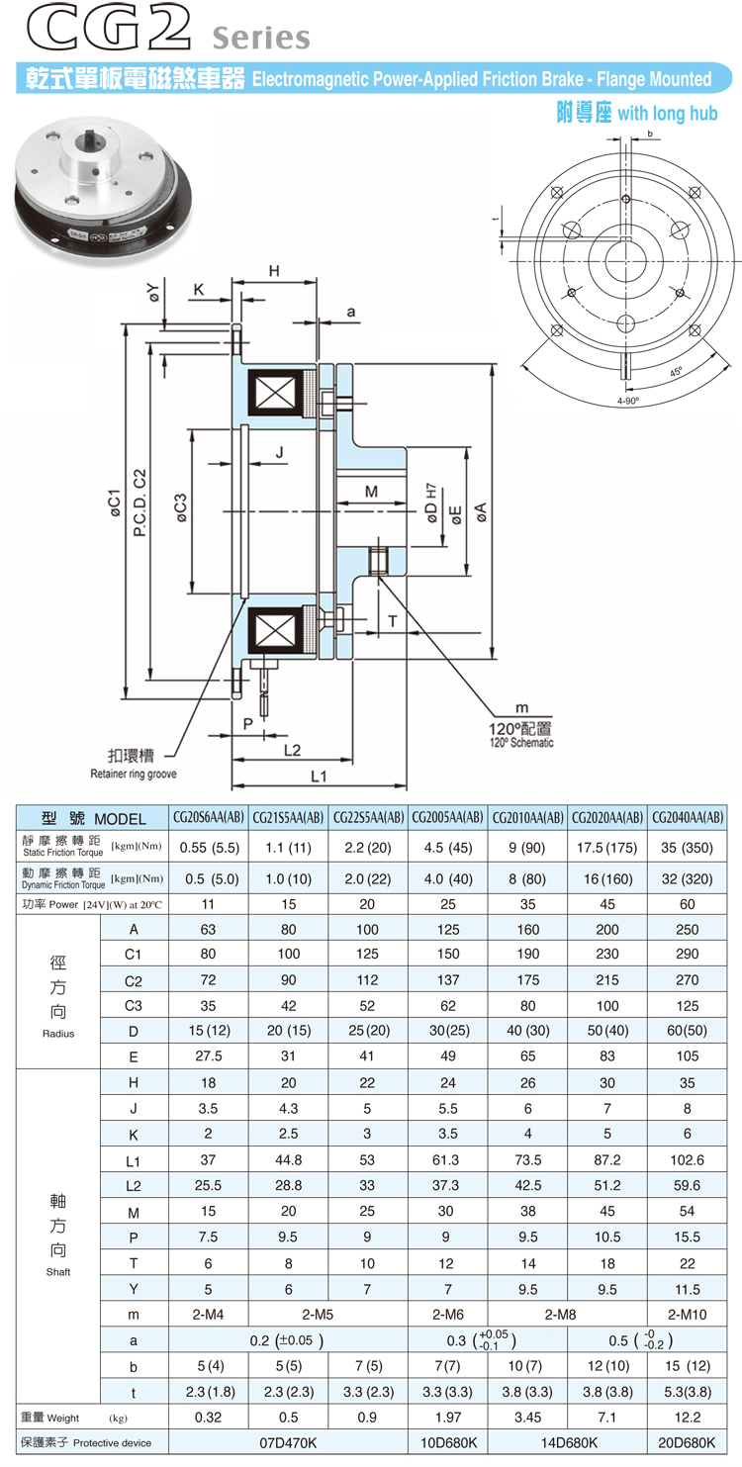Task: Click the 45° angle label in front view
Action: point(676,373)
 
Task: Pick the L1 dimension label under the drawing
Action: point(319,778)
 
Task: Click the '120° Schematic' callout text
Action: point(521,742)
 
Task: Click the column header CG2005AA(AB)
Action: point(448,818)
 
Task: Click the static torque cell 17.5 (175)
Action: point(607,847)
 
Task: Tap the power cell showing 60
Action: point(688,904)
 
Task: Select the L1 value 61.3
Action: point(448,1185)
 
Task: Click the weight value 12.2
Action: point(688,1418)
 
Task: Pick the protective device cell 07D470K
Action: point(289,1443)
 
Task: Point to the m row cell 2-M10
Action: point(688,1314)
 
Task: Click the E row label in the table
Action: point(134,1056)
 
